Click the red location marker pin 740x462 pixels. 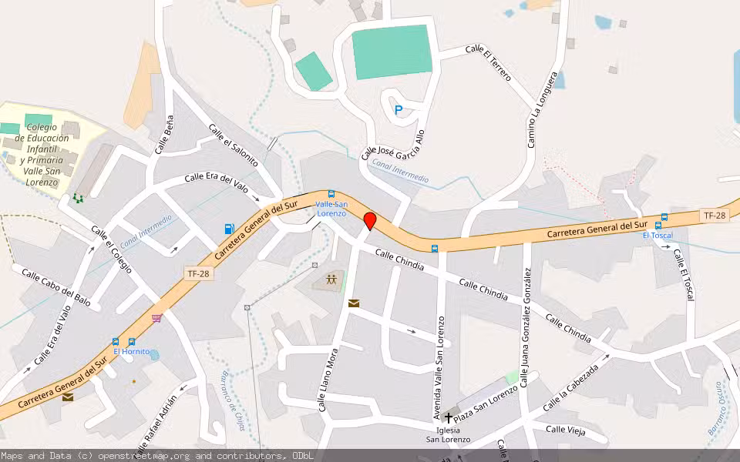click(x=370, y=221)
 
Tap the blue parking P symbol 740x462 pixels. click(x=399, y=110)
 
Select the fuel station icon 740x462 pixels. click(x=228, y=228)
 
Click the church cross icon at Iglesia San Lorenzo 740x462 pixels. click(x=448, y=417)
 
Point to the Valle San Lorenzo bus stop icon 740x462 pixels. click(x=331, y=194)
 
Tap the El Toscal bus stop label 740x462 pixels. click(x=658, y=235)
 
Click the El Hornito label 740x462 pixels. click(x=132, y=351)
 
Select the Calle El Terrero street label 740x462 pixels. click(x=488, y=62)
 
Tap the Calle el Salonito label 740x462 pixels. click(x=233, y=144)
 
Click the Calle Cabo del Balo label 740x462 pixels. click(x=55, y=288)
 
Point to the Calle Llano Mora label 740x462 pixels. click(x=328, y=379)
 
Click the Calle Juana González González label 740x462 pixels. click(x=526, y=326)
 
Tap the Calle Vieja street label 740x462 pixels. click(x=566, y=430)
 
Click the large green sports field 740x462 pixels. click(x=391, y=52)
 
